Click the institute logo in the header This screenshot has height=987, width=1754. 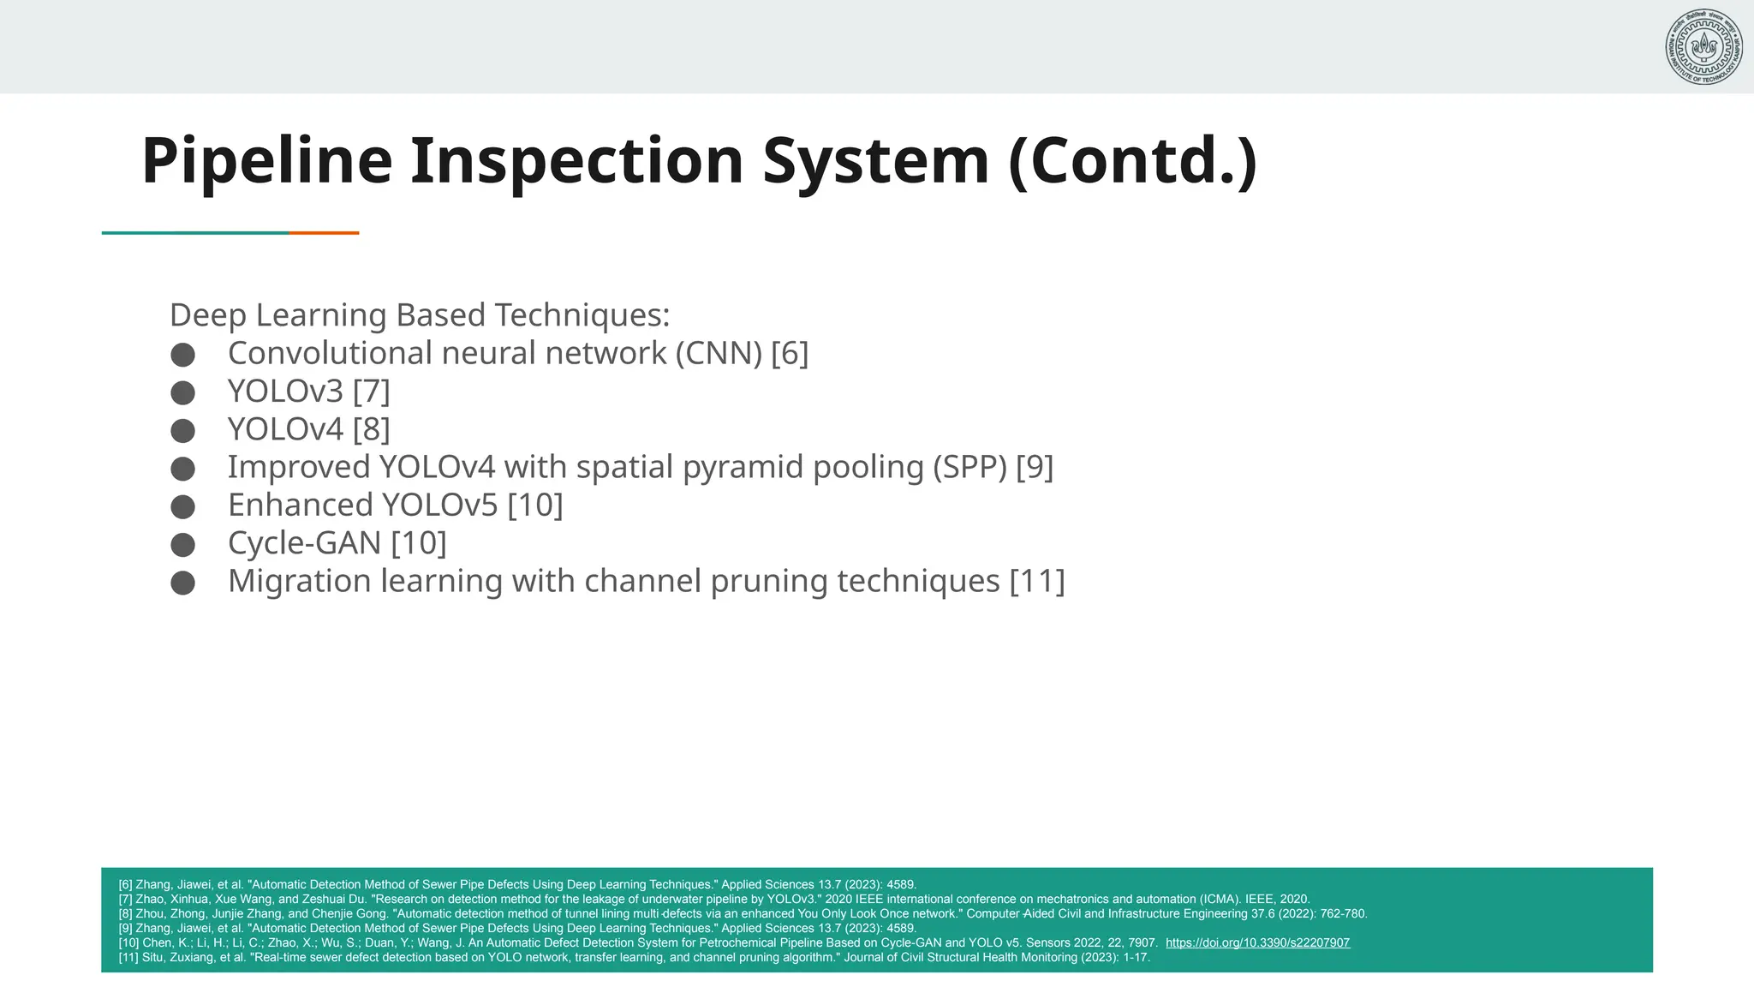click(1703, 46)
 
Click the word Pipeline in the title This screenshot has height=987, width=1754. click(266, 161)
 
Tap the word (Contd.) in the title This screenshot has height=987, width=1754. click(1132, 161)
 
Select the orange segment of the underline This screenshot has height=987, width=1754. click(324, 232)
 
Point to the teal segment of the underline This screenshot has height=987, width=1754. click(195, 232)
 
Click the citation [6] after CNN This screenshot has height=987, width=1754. click(789, 353)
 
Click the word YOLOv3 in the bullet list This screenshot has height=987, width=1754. click(285, 392)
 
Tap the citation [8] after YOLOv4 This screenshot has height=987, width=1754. click(371, 429)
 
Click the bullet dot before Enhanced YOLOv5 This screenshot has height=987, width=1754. click(182, 506)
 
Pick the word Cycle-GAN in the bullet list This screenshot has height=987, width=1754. click(304, 543)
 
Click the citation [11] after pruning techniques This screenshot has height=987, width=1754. click(1036, 581)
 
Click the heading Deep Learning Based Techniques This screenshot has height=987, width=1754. click(419, 315)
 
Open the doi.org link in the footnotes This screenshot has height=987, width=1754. click(1257, 942)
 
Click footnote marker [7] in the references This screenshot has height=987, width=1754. click(125, 899)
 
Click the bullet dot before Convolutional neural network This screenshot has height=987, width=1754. click(182, 355)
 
